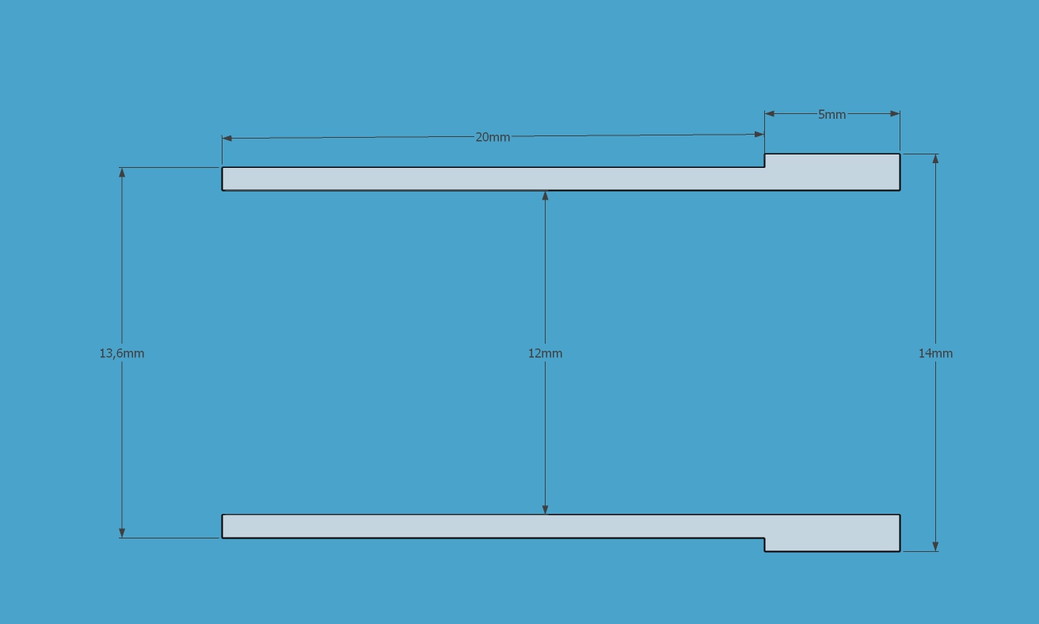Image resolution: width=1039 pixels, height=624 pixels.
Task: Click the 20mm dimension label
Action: pyautogui.click(x=493, y=137)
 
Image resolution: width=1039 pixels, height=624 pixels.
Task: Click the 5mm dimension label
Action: pyautogui.click(x=832, y=115)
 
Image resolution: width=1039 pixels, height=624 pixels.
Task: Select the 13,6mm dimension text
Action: pyautogui.click(x=121, y=353)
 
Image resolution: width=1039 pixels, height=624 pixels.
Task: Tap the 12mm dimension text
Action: pyautogui.click(x=545, y=353)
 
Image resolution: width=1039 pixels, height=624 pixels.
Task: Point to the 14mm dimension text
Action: pyautogui.click(x=935, y=353)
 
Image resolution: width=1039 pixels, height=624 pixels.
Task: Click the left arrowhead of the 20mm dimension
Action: pyautogui.click(x=226, y=139)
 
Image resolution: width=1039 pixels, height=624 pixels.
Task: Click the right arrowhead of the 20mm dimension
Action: pyautogui.click(x=759, y=135)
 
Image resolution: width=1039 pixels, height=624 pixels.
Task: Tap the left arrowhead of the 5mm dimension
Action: pyautogui.click(x=770, y=114)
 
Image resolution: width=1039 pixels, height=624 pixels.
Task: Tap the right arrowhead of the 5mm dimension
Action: pyautogui.click(x=895, y=114)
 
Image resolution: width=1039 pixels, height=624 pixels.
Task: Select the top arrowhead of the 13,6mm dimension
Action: pyautogui.click(x=122, y=173)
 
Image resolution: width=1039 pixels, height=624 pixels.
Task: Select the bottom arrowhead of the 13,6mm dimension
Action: pyautogui.click(x=122, y=533)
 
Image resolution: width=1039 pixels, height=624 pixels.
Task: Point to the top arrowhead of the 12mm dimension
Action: pyautogui.click(x=545, y=196)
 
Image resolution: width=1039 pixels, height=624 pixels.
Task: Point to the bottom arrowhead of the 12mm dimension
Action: pyautogui.click(x=545, y=509)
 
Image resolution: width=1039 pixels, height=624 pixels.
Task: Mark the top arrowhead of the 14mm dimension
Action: pyautogui.click(x=935, y=158)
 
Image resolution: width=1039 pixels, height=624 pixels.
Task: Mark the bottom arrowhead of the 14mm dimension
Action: pyautogui.click(x=935, y=546)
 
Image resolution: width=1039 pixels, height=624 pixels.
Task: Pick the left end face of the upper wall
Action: pyautogui.click(x=223, y=179)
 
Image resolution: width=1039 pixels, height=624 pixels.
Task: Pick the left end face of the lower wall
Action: pyautogui.click(x=223, y=526)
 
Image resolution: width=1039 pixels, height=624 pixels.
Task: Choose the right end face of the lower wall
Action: pyautogui.click(x=900, y=533)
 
